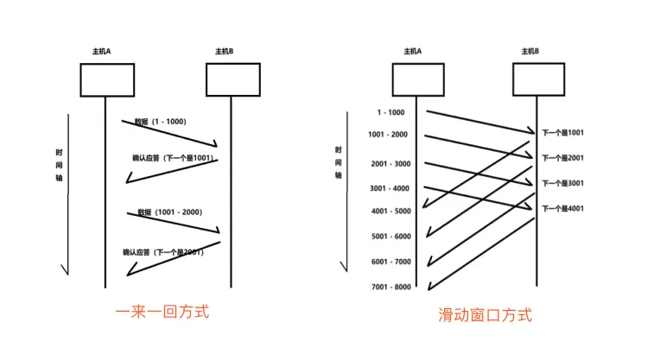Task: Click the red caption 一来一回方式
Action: click(162, 312)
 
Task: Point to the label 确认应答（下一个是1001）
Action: click(172, 158)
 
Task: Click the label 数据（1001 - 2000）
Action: click(169, 212)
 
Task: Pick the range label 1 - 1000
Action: click(390, 112)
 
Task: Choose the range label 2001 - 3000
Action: click(390, 164)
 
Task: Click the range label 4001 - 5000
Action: click(390, 212)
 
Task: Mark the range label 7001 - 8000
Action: click(390, 286)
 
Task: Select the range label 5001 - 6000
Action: click(390, 237)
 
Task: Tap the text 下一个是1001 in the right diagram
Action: click(563, 133)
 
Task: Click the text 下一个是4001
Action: click(563, 209)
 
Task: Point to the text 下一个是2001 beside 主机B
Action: click(563, 158)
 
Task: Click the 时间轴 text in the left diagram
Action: click(60, 164)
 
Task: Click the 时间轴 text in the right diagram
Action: click(339, 161)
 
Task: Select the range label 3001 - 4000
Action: click(390, 188)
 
